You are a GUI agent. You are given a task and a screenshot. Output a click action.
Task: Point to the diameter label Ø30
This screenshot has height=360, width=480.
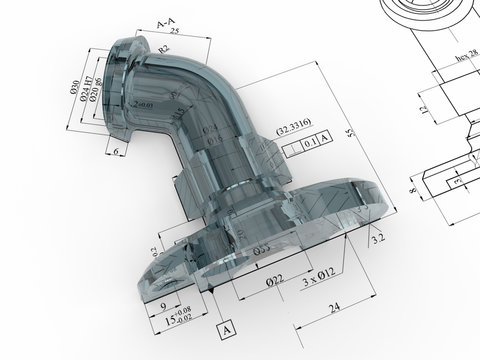coord(75,87)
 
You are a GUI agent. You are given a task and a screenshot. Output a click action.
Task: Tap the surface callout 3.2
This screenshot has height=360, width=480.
coord(378,241)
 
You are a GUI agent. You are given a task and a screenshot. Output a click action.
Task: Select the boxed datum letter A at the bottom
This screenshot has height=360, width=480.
coord(225,328)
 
